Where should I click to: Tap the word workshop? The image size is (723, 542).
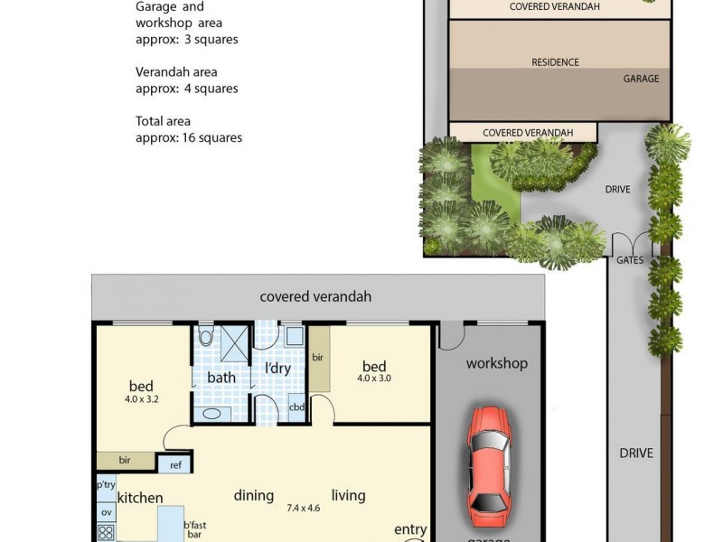tap(496, 363)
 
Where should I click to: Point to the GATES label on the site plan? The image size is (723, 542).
tap(630, 260)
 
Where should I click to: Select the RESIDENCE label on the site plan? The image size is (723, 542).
tap(555, 62)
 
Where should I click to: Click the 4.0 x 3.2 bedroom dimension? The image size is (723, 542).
tap(141, 398)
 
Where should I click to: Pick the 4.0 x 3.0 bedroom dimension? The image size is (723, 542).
tap(374, 378)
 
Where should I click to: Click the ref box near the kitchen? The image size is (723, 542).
tap(174, 464)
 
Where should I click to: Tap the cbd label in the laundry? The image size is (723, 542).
tap(296, 407)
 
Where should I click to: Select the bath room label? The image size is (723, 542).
tap(221, 377)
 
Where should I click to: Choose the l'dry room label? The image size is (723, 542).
tap(277, 369)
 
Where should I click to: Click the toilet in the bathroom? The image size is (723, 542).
tap(205, 338)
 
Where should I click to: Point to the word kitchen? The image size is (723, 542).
tap(140, 498)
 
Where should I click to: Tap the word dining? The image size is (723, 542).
tap(254, 495)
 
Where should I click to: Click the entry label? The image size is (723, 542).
tap(410, 528)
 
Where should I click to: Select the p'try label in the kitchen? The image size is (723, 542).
tap(106, 485)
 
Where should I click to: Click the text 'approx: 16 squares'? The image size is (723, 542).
tap(188, 138)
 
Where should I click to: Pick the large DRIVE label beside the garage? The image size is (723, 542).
tap(636, 453)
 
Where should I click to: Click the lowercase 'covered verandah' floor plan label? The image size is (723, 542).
tap(315, 296)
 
